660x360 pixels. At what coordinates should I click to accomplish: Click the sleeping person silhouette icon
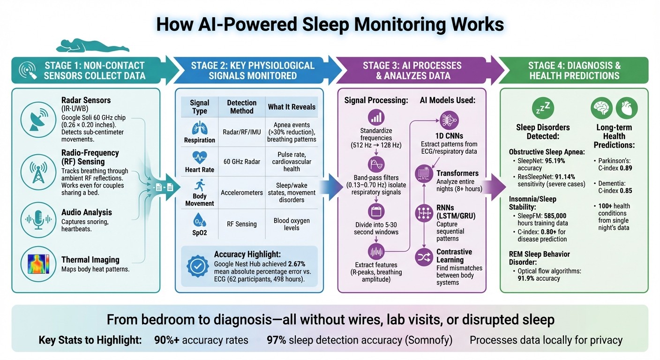pos(92,46)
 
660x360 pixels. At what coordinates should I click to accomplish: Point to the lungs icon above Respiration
pos(199,127)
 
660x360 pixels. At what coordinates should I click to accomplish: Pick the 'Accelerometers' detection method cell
pos(241,192)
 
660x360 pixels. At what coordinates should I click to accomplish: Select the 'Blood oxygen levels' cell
pos(292,224)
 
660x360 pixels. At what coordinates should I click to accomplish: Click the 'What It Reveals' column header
pos(292,107)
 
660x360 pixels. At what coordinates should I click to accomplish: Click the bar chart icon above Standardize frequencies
pos(377,117)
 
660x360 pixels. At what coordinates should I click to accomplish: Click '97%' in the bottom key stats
pos(276,340)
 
